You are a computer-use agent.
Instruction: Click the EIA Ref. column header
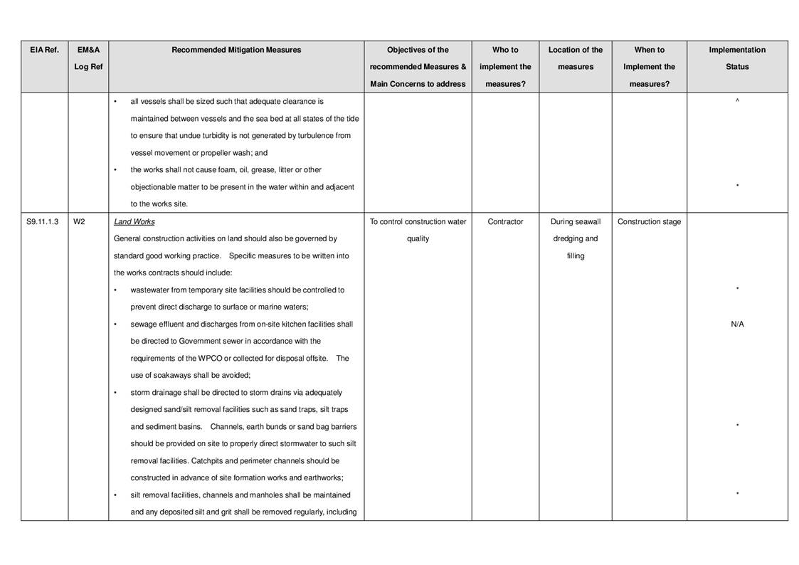pos(44,50)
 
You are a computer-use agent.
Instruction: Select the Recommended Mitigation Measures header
pos(236,50)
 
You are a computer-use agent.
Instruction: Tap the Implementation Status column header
pos(737,58)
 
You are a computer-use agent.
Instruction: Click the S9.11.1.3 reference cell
pos(43,222)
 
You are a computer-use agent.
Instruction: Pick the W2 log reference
pos(79,222)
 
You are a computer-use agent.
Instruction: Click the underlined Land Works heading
pos(134,222)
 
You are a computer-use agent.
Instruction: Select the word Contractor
pos(505,222)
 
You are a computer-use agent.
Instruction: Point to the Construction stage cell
pos(649,222)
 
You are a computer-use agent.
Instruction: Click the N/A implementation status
pos(737,324)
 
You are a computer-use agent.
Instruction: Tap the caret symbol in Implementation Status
pos(737,101)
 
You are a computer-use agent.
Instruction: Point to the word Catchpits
pos(207,461)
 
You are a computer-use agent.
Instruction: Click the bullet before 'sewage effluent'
pos(116,324)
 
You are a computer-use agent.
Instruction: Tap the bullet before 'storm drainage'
pos(116,393)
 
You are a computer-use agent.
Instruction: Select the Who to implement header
pos(505,58)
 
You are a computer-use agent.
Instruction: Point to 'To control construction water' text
pos(418,222)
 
